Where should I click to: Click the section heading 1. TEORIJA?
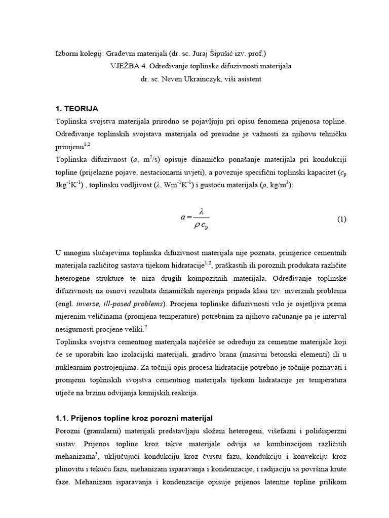click(76, 109)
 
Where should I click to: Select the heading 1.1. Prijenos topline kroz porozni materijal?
click(134, 418)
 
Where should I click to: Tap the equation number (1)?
click(341, 219)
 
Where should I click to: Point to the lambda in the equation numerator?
click(201, 211)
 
